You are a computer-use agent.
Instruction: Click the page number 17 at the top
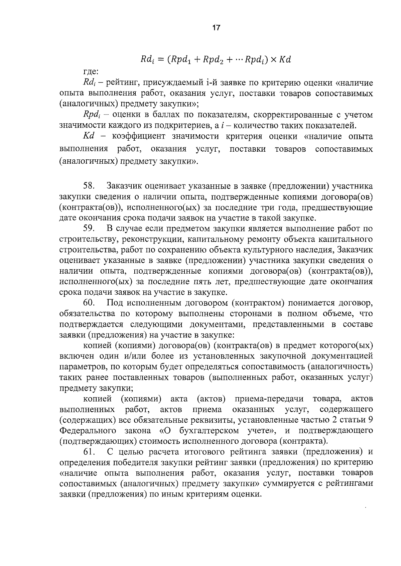click(216, 28)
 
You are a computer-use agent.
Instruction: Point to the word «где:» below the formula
click(91, 71)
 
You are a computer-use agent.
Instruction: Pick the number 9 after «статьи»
click(370, 420)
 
